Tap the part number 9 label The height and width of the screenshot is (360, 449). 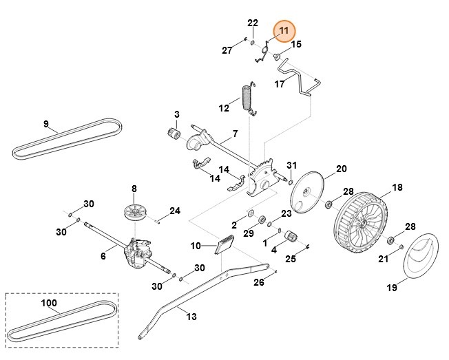click(x=46, y=125)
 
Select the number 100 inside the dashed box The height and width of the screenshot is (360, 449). click(x=49, y=303)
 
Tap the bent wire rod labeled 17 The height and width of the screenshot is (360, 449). click(x=296, y=80)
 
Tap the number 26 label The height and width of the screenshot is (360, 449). click(x=258, y=283)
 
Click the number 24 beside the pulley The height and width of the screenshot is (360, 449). click(x=174, y=211)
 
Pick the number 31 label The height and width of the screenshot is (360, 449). click(x=291, y=166)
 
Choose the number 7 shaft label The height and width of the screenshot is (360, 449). click(x=235, y=134)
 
